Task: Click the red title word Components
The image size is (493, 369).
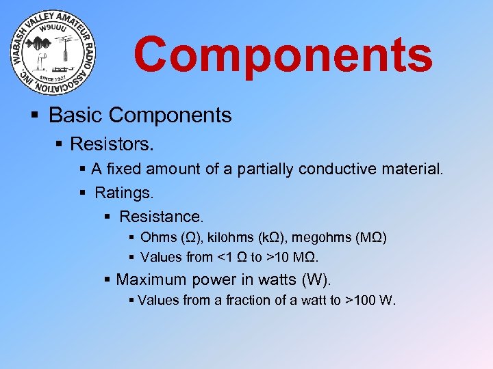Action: [x=283, y=55]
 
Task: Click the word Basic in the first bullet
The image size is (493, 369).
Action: [x=73, y=115]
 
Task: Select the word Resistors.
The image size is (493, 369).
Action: [x=112, y=144]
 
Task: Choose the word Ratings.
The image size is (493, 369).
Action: [x=124, y=193]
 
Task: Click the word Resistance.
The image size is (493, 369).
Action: [x=162, y=217]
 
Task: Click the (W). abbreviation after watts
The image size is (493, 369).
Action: [x=316, y=279]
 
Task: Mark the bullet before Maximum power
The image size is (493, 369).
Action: [x=108, y=279]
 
